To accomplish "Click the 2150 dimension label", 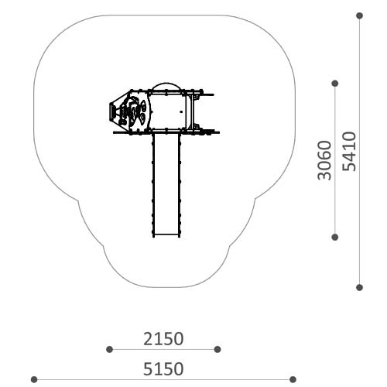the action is click(x=163, y=339).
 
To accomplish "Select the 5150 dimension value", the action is click(x=163, y=369).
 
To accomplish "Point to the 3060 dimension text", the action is click(x=324, y=160).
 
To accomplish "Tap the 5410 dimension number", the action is click(x=349, y=152).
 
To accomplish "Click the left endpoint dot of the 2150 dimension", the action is click(x=109, y=350).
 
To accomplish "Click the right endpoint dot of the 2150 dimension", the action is click(x=217, y=350).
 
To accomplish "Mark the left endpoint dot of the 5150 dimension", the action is click(x=34, y=379).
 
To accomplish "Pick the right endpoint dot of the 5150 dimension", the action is click(x=293, y=379).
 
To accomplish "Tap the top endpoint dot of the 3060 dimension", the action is click(x=335, y=84).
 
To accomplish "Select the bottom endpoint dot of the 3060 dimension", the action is click(x=335, y=237).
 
